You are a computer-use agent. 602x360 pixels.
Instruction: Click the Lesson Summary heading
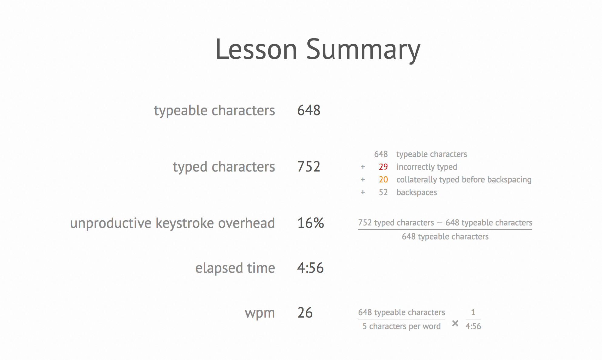pyautogui.click(x=318, y=49)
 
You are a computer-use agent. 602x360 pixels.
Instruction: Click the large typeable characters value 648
pyautogui.click(x=309, y=110)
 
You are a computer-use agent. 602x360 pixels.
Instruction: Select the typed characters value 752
pyautogui.click(x=309, y=167)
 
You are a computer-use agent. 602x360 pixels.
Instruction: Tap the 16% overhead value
pyautogui.click(x=310, y=223)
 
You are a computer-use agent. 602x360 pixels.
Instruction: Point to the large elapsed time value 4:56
pyautogui.click(x=310, y=268)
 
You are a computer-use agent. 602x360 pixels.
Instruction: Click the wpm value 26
pyautogui.click(x=305, y=313)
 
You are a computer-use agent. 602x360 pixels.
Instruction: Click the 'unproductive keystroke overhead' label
pyautogui.click(x=172, y=223)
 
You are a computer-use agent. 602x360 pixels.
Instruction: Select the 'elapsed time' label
pyautogui.click(x=235, y=268)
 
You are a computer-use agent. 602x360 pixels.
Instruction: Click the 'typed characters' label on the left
pyautogui.click(x=224, y=167)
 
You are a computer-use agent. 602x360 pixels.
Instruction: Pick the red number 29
pyautogui.click(x=383, y=167)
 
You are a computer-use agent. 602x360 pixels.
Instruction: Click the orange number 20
pyautogui.click(x=383, y=179)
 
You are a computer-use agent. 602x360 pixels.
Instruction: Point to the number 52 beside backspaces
pyautogui.click(x=383, y=192)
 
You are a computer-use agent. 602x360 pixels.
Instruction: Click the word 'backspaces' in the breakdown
pyautogui.click(x=417, y=192)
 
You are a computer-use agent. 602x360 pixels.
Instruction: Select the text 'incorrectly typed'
pyautogui.click(x=427, y=167)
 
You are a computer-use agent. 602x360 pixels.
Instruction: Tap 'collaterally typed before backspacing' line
pyautogui.click(x=464, y=180)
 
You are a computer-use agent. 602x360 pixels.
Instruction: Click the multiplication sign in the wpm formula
pyautogui.click(x=455, y=323)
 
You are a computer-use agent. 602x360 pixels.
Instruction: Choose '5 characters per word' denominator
pyautogui.click(x=402, y=326)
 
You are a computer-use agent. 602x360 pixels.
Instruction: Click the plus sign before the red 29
pyautogui.click(x=363, y=167)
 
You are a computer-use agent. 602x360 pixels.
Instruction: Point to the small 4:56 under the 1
pyautogui.click(x=473, y=326)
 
